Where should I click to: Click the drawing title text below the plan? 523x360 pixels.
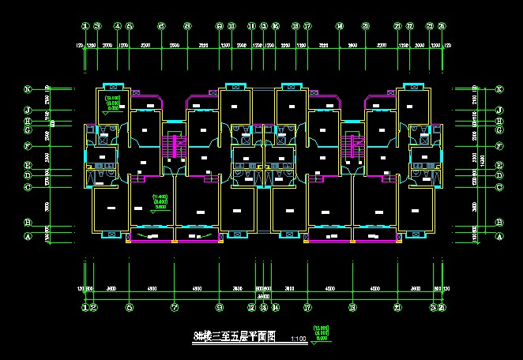pos(235,336)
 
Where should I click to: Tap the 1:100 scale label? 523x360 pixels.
pos(299,339)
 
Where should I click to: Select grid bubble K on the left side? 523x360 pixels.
pos(26,89)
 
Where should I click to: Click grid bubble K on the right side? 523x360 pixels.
pos(499,89)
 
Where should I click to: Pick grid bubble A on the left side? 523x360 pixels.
pos(26,236)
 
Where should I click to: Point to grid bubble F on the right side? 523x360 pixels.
pos(499,146)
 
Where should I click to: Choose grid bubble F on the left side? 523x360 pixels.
pos(26,146)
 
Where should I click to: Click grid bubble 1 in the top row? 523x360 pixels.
pos(85,26)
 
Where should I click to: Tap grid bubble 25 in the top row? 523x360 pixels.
pos(442,26)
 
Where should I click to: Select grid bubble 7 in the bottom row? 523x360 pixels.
pos(175,307)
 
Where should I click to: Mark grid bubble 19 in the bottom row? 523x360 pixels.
pos(352,307)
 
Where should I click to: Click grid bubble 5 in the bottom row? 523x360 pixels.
pos(129,307)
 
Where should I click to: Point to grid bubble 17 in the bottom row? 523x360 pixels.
pos(307,307)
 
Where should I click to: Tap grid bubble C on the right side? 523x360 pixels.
pos(499,187)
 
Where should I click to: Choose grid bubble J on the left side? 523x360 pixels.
pos(26,110)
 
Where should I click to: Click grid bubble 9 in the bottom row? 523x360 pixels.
pos(220,307)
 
